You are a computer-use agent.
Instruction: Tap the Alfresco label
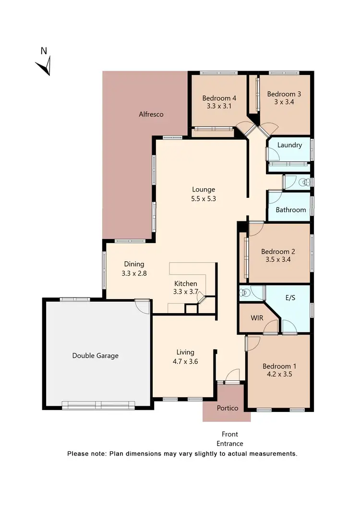[151, 114]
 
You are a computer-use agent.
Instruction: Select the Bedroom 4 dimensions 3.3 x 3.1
[219, 106]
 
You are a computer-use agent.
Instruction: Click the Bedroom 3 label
[284, 94]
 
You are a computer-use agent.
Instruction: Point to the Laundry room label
[289, 145]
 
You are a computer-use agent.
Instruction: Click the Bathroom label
[290, 210]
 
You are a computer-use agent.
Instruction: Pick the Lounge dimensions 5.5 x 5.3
[204, 198]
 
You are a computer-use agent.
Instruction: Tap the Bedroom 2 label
[278, 251]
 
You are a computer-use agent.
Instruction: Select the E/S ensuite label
[290, 298]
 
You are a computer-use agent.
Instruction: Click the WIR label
[257, 318]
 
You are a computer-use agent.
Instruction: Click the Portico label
[228, 408]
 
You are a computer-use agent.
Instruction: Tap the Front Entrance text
[229, 439]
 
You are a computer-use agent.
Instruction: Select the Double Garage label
[95, 356]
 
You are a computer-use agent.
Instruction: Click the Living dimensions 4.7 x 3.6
[185, 361]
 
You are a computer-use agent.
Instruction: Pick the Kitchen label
[186, 283]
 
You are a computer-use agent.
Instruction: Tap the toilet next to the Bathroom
[303, 182]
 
